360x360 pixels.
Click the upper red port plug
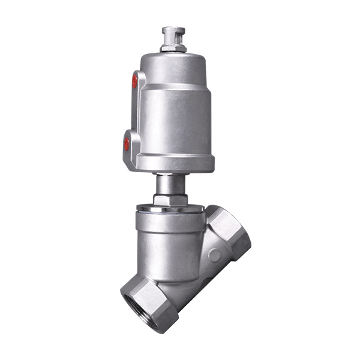pyautogui.click(x=134, y=80)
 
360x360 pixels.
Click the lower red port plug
pyautogui.click(x=127, y=144)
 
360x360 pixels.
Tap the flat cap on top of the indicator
pyautogui.click(x=173, y=31)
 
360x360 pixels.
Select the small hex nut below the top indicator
pyautogui.click(x=173, y=49)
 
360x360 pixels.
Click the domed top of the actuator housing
pyautogui.click(x=173, y=66)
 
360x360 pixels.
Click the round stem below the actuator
pyautogui.click(x=170, y=182)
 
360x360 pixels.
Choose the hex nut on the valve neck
pyautogui.click(x=170, y=199)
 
